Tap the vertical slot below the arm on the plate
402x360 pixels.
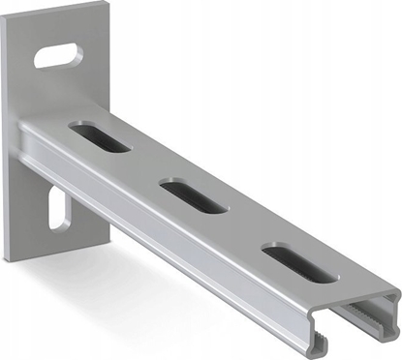click(56, 211)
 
